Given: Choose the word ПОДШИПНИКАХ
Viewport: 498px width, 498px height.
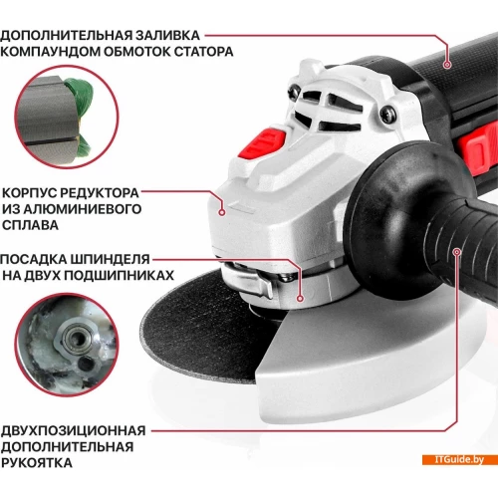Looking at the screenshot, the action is pyautogui.click(x=120, y=275).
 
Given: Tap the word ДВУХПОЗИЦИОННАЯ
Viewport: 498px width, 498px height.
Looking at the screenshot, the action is pyautogui.click(x=74, y=430).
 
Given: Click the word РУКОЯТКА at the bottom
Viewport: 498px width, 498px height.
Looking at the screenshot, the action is pyautogui.click(x=37, y=462).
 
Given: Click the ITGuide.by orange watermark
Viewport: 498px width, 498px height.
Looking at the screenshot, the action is pyautogui.click(x=459, y=459).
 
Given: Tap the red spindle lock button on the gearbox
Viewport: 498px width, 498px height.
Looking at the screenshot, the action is pyautogui.click(x=263, y=143).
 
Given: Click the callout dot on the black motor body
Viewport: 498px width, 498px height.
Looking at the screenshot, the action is pyautogui.click(x=447, y=65).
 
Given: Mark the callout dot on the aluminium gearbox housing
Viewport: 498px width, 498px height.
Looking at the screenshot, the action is pyautogui.click(x=222, y=212).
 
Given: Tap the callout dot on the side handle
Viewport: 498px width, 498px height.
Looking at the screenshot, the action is pyautogui.click(x=457, y=252).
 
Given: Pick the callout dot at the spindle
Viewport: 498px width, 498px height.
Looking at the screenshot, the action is pyautogui.click(x=300, y=299).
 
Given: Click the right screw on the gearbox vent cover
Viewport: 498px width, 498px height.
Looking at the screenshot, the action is pyautogui.click(x=387, y=115).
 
